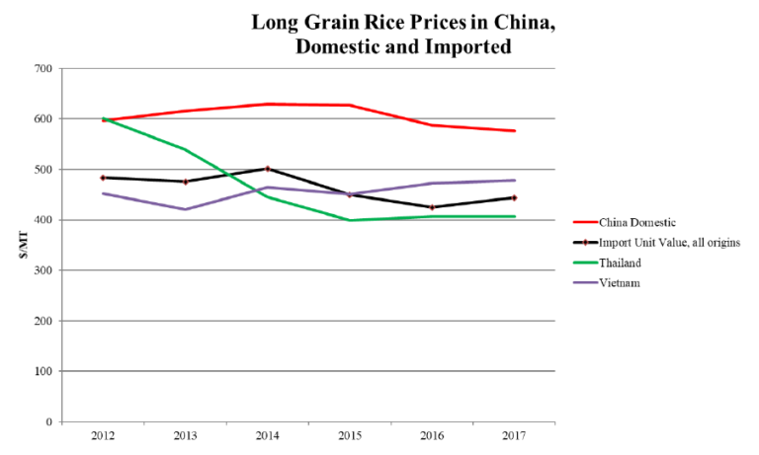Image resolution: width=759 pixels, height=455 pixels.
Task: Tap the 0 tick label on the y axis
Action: [46, 422]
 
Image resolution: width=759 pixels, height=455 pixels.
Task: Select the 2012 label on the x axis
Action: [103, 436]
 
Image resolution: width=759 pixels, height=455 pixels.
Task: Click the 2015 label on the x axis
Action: [350, 436]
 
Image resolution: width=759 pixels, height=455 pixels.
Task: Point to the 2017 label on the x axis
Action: [514, 436]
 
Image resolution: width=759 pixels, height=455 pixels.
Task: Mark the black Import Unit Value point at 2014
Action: [267, 169]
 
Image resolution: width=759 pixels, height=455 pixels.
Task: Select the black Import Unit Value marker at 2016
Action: [432, 207]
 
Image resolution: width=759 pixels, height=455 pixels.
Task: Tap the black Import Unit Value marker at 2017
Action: [514, 197]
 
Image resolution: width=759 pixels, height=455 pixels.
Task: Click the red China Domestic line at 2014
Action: [267, 104]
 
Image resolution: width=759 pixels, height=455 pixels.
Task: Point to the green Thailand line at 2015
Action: [350, 220]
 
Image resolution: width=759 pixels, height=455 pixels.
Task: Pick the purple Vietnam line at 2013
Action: [185, 209]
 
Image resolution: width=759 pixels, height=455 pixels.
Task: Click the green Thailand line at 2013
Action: [185, 149]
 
